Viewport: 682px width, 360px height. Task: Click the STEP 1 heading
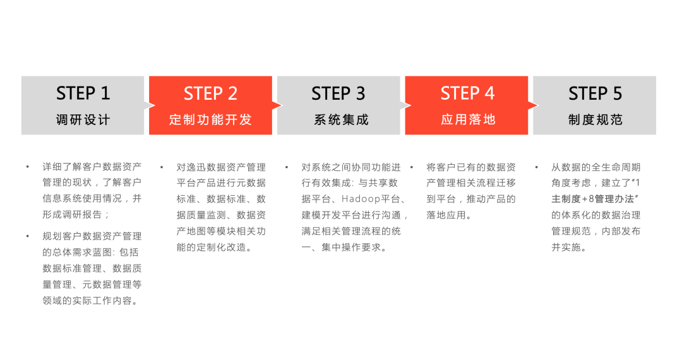pos(83,93)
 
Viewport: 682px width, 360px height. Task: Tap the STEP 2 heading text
pos(210,93)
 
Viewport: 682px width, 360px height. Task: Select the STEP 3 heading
pos(338,93)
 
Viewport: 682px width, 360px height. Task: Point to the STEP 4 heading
pos(467,93)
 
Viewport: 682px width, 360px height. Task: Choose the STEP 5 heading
pos(595,93)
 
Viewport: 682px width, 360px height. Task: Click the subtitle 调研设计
pos(83,120)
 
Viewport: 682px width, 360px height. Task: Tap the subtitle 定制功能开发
pos(210,120)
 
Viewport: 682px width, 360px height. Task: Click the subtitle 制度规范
pos(595,120)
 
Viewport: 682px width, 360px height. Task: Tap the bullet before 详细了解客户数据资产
pos(28,167)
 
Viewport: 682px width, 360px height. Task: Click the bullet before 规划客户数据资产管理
pos(28,236)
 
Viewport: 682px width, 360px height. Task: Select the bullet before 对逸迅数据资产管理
pos(162,167)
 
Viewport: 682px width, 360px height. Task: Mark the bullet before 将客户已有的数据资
pos(412,167)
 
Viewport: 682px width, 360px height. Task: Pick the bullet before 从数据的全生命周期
pos(536,167)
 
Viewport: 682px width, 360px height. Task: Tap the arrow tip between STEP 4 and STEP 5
pos(534,105)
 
